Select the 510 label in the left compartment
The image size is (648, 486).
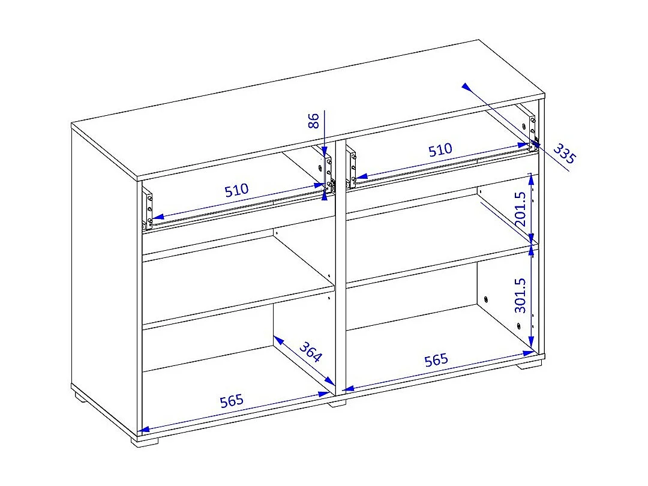[236, 191]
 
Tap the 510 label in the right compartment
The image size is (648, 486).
[440, 150]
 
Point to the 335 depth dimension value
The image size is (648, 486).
[563, 154]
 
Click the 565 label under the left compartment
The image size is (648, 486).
[232, 400]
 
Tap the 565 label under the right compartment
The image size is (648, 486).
[436, 360]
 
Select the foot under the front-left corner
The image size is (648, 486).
[145, 440]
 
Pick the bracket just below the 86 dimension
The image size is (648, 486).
[328, 174]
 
